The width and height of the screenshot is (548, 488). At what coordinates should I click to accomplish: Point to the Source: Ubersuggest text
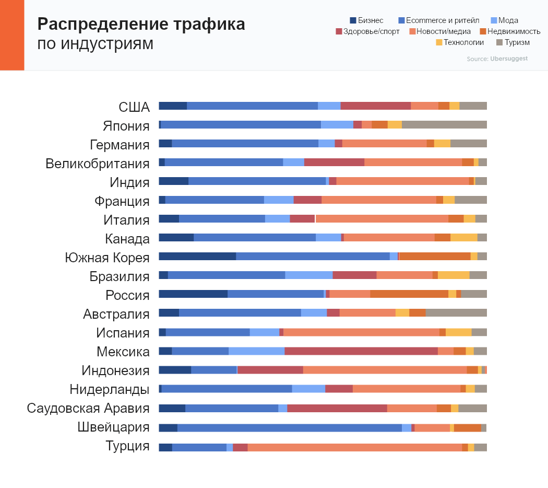(497, 59)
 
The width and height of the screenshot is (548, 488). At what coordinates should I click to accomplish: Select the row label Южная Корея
(107, 258)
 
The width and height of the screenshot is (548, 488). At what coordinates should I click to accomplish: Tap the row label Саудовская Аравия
(88, 408)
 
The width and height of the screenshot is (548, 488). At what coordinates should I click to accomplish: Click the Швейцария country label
(113, 427)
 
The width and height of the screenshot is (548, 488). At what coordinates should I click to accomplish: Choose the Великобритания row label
(98, 164)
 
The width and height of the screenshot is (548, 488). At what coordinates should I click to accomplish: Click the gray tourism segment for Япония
(444, 124)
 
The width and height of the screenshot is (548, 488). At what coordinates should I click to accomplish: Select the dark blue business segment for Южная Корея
(197, 256)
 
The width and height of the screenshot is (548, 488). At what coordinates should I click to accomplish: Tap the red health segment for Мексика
(361, 351)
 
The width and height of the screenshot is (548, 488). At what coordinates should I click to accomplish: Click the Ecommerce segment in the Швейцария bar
(289, 427)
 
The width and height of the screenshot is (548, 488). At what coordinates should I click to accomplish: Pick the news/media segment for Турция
(354, 447)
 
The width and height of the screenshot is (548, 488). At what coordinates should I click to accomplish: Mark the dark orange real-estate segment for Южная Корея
(434, 256)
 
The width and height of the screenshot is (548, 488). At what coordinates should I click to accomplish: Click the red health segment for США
(375, 106)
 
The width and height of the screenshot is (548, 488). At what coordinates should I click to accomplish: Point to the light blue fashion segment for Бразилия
(308, 275)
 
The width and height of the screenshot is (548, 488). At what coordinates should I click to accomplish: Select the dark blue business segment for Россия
(193, 294)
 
